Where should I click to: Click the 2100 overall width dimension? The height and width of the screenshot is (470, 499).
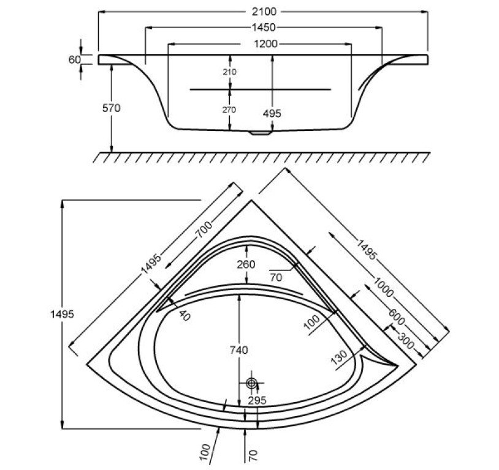[264, 12]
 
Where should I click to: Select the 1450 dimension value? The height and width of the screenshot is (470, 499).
[262, 28]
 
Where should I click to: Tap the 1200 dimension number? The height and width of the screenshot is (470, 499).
[264, 43]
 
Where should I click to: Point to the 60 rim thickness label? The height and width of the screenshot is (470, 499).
[74, 59]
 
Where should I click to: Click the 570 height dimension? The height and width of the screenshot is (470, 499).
[112, 108]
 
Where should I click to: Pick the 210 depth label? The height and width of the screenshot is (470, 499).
[229, 71]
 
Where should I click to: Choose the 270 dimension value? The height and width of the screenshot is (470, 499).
[229, 110]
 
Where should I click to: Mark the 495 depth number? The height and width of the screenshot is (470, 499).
[271, 113]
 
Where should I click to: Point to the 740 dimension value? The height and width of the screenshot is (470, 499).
[238, 350]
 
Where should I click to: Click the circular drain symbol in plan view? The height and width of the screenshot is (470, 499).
[251, 383]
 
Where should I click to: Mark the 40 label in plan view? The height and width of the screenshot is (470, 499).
[186, 315]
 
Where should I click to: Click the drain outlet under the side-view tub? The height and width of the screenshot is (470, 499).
[262, 131]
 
